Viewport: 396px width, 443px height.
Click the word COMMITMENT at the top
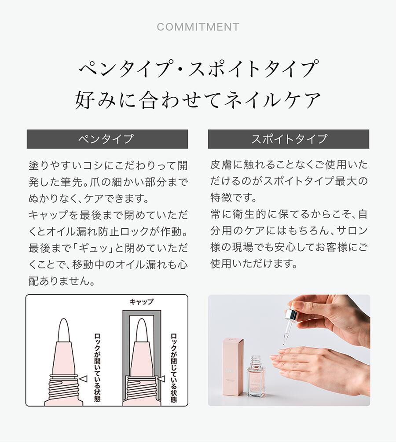tap(198, 27)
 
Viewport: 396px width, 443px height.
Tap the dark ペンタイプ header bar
tap(107, 139)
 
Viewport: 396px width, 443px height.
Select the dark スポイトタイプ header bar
tap(289, 139)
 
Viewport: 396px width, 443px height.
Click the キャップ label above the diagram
tap(141, 302)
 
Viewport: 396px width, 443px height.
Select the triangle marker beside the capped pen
tap(161, 379)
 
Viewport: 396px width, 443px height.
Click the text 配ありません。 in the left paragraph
tap(62, 281)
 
